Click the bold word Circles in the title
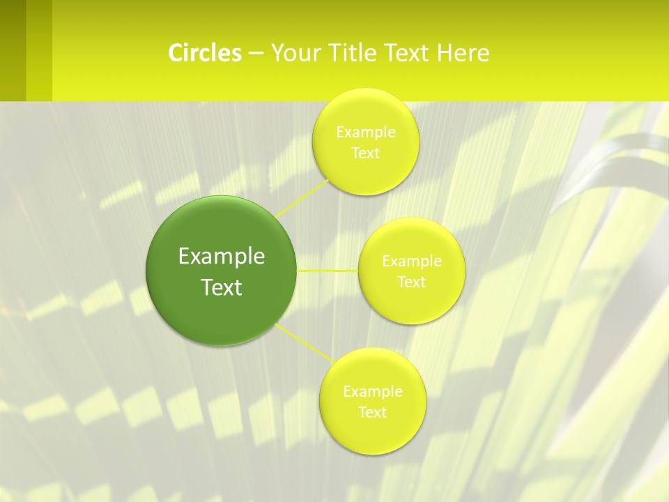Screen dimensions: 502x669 pos(205,53)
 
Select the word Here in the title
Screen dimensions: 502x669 pos(463,53)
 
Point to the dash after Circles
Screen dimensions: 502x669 pos(255,54)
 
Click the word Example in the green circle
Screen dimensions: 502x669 pos(222,257)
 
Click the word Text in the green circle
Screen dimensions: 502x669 pos(222,287)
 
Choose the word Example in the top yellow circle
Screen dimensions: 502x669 pos(366,132)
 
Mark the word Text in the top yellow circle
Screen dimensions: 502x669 pos(366,153)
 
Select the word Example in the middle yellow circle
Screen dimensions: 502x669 pos(412,261)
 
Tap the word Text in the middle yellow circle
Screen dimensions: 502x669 pos(412,282)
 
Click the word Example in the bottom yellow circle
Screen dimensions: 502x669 pos(372,391)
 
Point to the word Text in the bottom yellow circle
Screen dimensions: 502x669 pos(372,412)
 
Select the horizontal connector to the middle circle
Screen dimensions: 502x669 pos(328,270)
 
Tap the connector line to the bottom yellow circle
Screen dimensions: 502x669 pos(304,342)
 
